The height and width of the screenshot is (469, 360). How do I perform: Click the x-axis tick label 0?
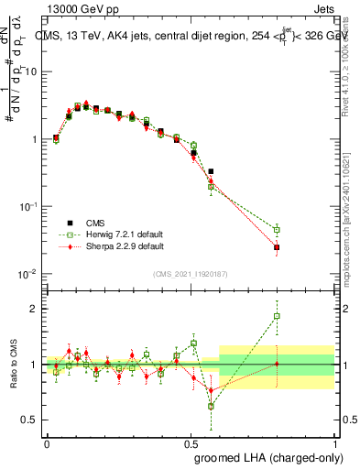click(x=47, y=442)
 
